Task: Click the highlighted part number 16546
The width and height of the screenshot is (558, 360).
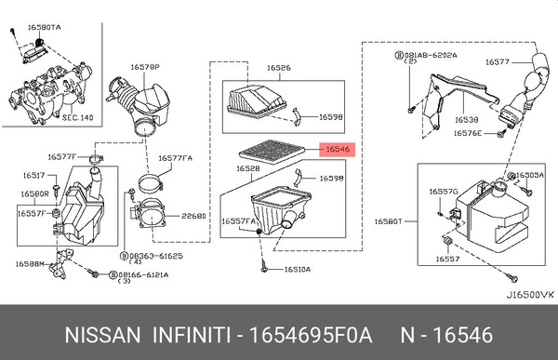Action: [336, 148]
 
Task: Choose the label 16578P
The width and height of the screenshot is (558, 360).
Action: [145, 68]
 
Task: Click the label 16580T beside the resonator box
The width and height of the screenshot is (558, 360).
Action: [388, 221]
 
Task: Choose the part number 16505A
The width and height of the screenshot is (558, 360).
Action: [530, 175]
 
